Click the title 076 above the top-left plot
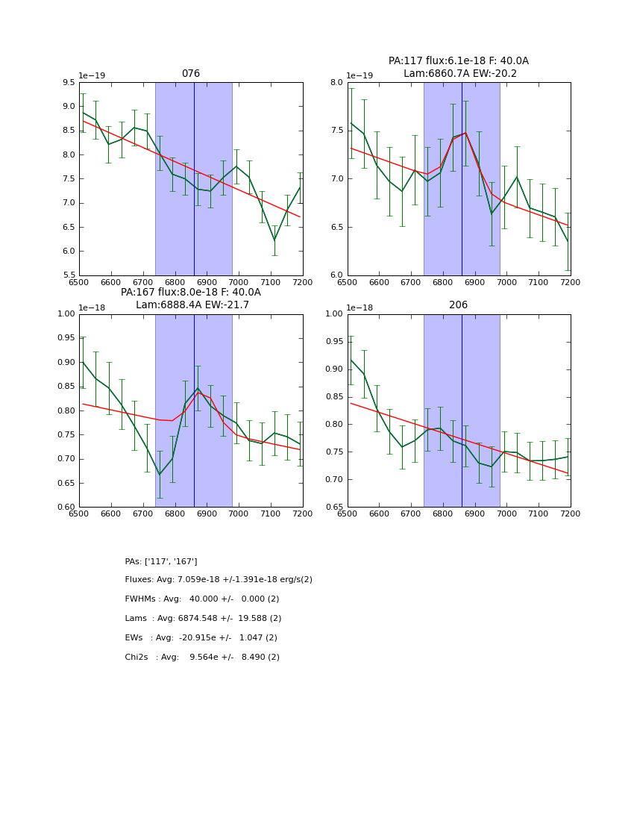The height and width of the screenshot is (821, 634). click(191, 74)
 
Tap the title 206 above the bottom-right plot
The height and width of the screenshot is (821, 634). click(459, 305)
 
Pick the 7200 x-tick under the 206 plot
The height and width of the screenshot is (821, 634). click(571, 514)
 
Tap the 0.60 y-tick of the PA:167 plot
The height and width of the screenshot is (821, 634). click(66, 508)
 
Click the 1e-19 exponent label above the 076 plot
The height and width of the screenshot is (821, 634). click(92, 76)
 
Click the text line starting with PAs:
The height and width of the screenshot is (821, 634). click(161, 561)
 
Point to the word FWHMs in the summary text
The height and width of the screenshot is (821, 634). click(140, 599)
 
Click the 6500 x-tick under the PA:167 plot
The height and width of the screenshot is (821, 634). click(79, 514)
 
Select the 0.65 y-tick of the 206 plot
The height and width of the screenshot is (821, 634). click(334, 508)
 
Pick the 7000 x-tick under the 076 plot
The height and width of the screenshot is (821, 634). click(239, 283)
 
